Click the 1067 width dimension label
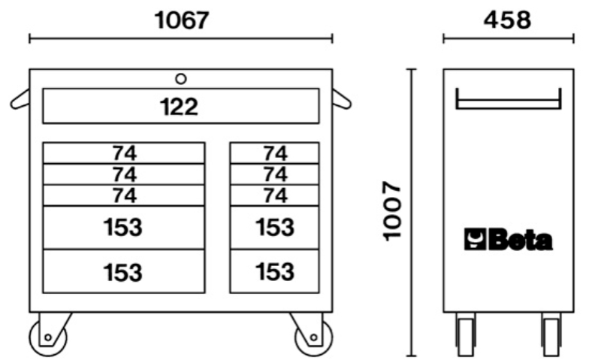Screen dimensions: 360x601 tap(181, 20)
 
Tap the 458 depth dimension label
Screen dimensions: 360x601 tap(507, 20)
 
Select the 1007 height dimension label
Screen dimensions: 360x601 tap(393, 210)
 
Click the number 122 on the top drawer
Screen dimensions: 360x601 tap(180, 107)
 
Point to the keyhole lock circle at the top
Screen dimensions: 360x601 tap(180, 78)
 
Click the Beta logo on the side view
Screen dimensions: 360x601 tap(508, 240)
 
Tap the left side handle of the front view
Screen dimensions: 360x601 tap(20, 99)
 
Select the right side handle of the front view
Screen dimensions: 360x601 tap(341, 98)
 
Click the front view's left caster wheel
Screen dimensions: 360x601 tap(47, 337)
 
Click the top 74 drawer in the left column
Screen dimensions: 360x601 tap(124, 153)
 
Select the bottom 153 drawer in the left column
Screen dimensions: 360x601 tap(124, 271)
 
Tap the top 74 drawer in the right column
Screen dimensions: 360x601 tap(275, 153)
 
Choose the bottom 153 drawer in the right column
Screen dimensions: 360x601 tap(275, 271)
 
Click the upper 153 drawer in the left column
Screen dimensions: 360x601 tap(124, 227)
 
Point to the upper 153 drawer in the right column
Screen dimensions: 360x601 tap(275, 227)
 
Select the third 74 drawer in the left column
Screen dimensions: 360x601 tap(124, 196)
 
